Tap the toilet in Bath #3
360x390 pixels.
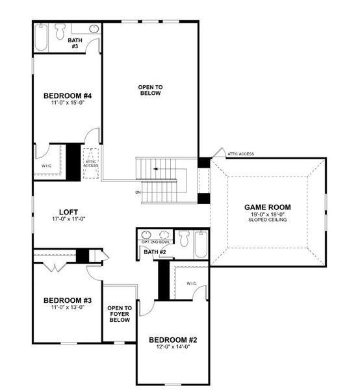[60, 31]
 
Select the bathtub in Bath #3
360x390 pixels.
[41, 37]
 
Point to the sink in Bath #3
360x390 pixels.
[94, 29]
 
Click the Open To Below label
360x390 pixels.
[150, 90]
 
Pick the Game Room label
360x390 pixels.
[268, 207]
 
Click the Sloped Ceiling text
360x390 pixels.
[268, 220]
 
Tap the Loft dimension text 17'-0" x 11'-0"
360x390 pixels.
[69, 219]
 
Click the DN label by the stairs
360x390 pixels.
[138, 192]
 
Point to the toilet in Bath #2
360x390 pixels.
[185, 239]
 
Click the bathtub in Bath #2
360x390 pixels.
[201, 244]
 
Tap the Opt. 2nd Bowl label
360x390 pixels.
[156, 242]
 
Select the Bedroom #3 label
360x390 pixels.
[68, 300]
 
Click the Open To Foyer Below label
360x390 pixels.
[120, 314]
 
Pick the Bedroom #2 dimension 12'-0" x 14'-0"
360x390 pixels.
[173, 347]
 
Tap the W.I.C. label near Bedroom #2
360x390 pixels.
[192, 283]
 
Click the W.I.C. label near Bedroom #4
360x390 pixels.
[47, 166]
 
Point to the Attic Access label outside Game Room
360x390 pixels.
[241, 154]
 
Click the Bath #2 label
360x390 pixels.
[155, 252]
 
